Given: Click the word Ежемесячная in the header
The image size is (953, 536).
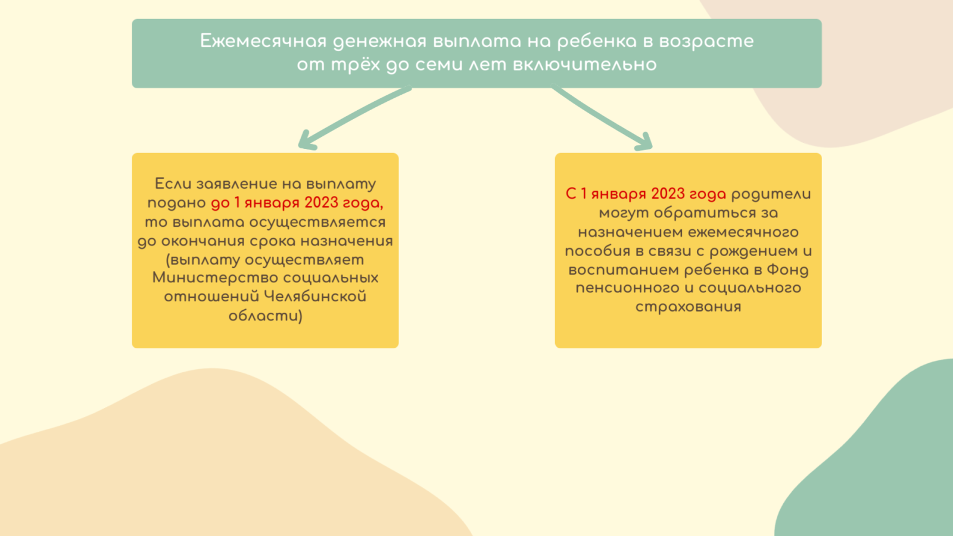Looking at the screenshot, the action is pos(263,41).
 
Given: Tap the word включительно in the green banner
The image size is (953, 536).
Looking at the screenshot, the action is pos(585,65).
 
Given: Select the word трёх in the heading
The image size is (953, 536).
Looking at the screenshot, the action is pos(356,65).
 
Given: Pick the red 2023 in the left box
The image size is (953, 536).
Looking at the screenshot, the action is pos(321,203).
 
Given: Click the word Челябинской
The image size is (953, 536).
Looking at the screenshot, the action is pos(315,297).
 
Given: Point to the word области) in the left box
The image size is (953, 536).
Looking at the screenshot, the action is pos(266,316).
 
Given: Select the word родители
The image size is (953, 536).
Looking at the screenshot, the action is pos(771,195).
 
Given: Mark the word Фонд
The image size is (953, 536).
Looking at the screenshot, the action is pos(787,270).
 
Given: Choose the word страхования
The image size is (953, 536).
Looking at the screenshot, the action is pos(689,307).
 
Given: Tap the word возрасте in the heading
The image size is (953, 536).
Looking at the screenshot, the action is pos(706,42).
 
